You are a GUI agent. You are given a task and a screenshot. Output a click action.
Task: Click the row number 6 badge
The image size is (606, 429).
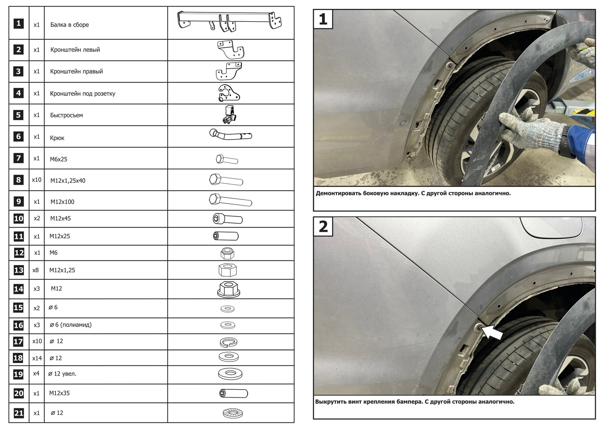point(19,136)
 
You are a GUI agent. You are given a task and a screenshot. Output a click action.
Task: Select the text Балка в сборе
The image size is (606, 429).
point(69,25)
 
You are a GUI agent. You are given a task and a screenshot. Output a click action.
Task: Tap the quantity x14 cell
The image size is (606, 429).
point(37,358)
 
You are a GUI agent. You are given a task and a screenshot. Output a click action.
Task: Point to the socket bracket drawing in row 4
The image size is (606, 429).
point(228,93)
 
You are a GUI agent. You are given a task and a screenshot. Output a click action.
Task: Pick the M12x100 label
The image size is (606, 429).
point(62,202)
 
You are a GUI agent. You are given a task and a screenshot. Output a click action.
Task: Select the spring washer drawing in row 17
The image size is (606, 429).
point(229,342)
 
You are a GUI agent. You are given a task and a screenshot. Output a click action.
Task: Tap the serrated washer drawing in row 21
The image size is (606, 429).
point(233,413)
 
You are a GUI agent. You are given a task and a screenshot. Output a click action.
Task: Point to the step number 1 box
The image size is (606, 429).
point(323,19)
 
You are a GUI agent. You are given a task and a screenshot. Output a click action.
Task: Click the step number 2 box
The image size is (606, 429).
point(323,227)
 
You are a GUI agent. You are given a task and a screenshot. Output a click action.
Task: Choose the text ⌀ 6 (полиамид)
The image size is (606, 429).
point(70,325)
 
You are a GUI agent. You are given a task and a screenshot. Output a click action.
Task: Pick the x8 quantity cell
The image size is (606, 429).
point(36,270)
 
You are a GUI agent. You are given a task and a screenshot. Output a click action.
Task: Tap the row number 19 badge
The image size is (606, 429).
point(19,374)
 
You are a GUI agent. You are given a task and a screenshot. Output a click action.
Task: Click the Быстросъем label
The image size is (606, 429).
point(66,115)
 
